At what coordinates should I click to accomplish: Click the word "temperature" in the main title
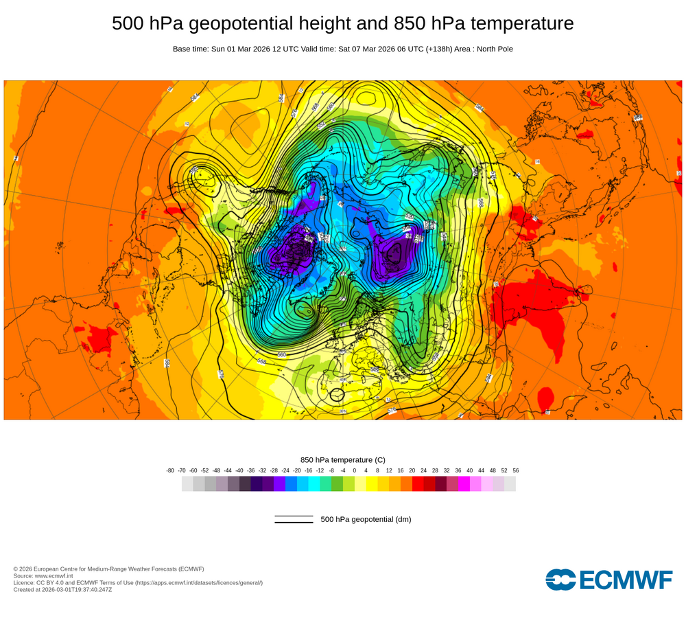[x=519, y=23]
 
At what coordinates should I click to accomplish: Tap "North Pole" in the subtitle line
[x=492, y=49]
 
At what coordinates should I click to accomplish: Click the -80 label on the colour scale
[x=170, y=470]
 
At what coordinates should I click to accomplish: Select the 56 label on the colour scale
[x=515, y=470]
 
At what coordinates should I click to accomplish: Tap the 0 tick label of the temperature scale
[x=355, y=470]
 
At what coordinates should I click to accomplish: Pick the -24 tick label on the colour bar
[x=285, y=470]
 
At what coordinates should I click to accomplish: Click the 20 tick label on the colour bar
[x=412, y=470]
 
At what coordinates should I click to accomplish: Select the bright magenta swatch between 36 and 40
[x=464, y=483]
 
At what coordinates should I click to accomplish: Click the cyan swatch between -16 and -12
[x=314, y=483]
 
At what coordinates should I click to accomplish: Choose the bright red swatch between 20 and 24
[x=418, y=483]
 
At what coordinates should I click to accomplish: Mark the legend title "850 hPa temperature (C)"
[x=343, y=459]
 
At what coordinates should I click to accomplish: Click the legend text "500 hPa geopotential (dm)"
[x=366, y=519]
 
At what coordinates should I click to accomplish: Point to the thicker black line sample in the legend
[x=294, y=523]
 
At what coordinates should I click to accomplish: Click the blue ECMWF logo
[x=609, y=580]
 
